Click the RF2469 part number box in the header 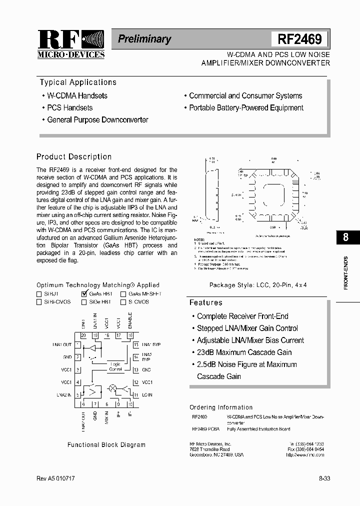[300, 39]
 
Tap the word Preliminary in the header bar [144, 39]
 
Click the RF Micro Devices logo [71, 44]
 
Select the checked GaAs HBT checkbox [84, 294]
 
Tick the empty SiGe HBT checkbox [84, 302]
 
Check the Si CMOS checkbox [123, 302]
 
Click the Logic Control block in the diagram [115, 366]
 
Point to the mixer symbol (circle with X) [112, 388]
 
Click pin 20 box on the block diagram [83, 335]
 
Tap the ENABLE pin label [130, 321]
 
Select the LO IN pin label [147, 395]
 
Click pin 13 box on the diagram [135, 370]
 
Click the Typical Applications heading [78, 82]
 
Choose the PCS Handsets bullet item [69, 107]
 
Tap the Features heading [206, 302]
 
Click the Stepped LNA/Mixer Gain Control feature [247, 328]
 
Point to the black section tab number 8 [345, 237]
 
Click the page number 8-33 [324, 478]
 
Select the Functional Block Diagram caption [106, 444]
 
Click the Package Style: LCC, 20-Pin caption [257, 284]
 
